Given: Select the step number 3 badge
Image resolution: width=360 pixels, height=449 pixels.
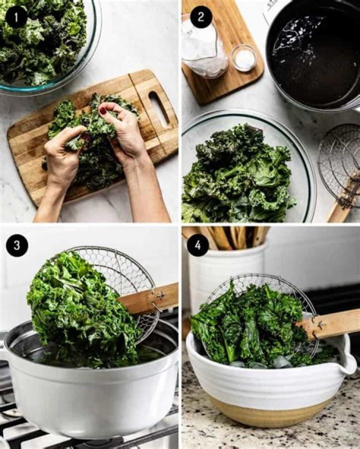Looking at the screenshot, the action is coord(17,245).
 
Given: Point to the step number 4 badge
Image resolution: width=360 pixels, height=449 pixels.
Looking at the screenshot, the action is coord(197,245).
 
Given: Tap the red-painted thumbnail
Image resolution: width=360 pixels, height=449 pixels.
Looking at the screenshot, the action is coord(102,110).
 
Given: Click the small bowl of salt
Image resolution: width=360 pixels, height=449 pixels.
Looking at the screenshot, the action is coord(244,58).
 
